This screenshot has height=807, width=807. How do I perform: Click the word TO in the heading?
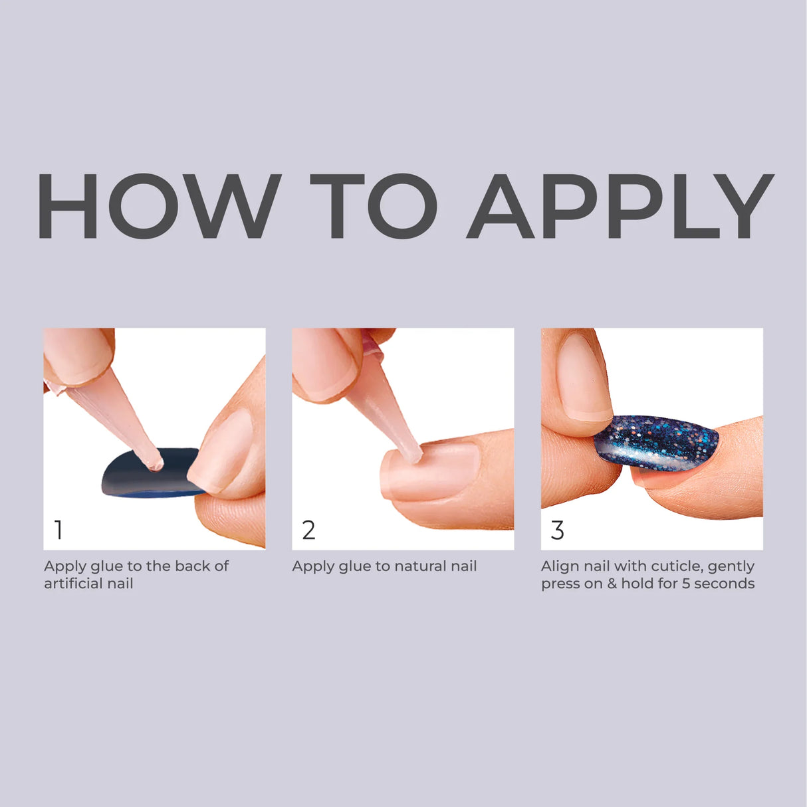(x=374, y=206)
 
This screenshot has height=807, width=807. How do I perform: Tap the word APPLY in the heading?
(x=620, y=206)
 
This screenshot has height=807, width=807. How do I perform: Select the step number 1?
(x=58, y=530)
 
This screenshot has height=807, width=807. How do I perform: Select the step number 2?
(x=308, y=530)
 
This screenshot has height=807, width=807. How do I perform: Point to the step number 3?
(x=558, y=530)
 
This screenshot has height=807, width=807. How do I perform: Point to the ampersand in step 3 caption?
(x=613, y=584)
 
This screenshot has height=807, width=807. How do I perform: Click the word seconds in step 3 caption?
(x=725, y=584)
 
